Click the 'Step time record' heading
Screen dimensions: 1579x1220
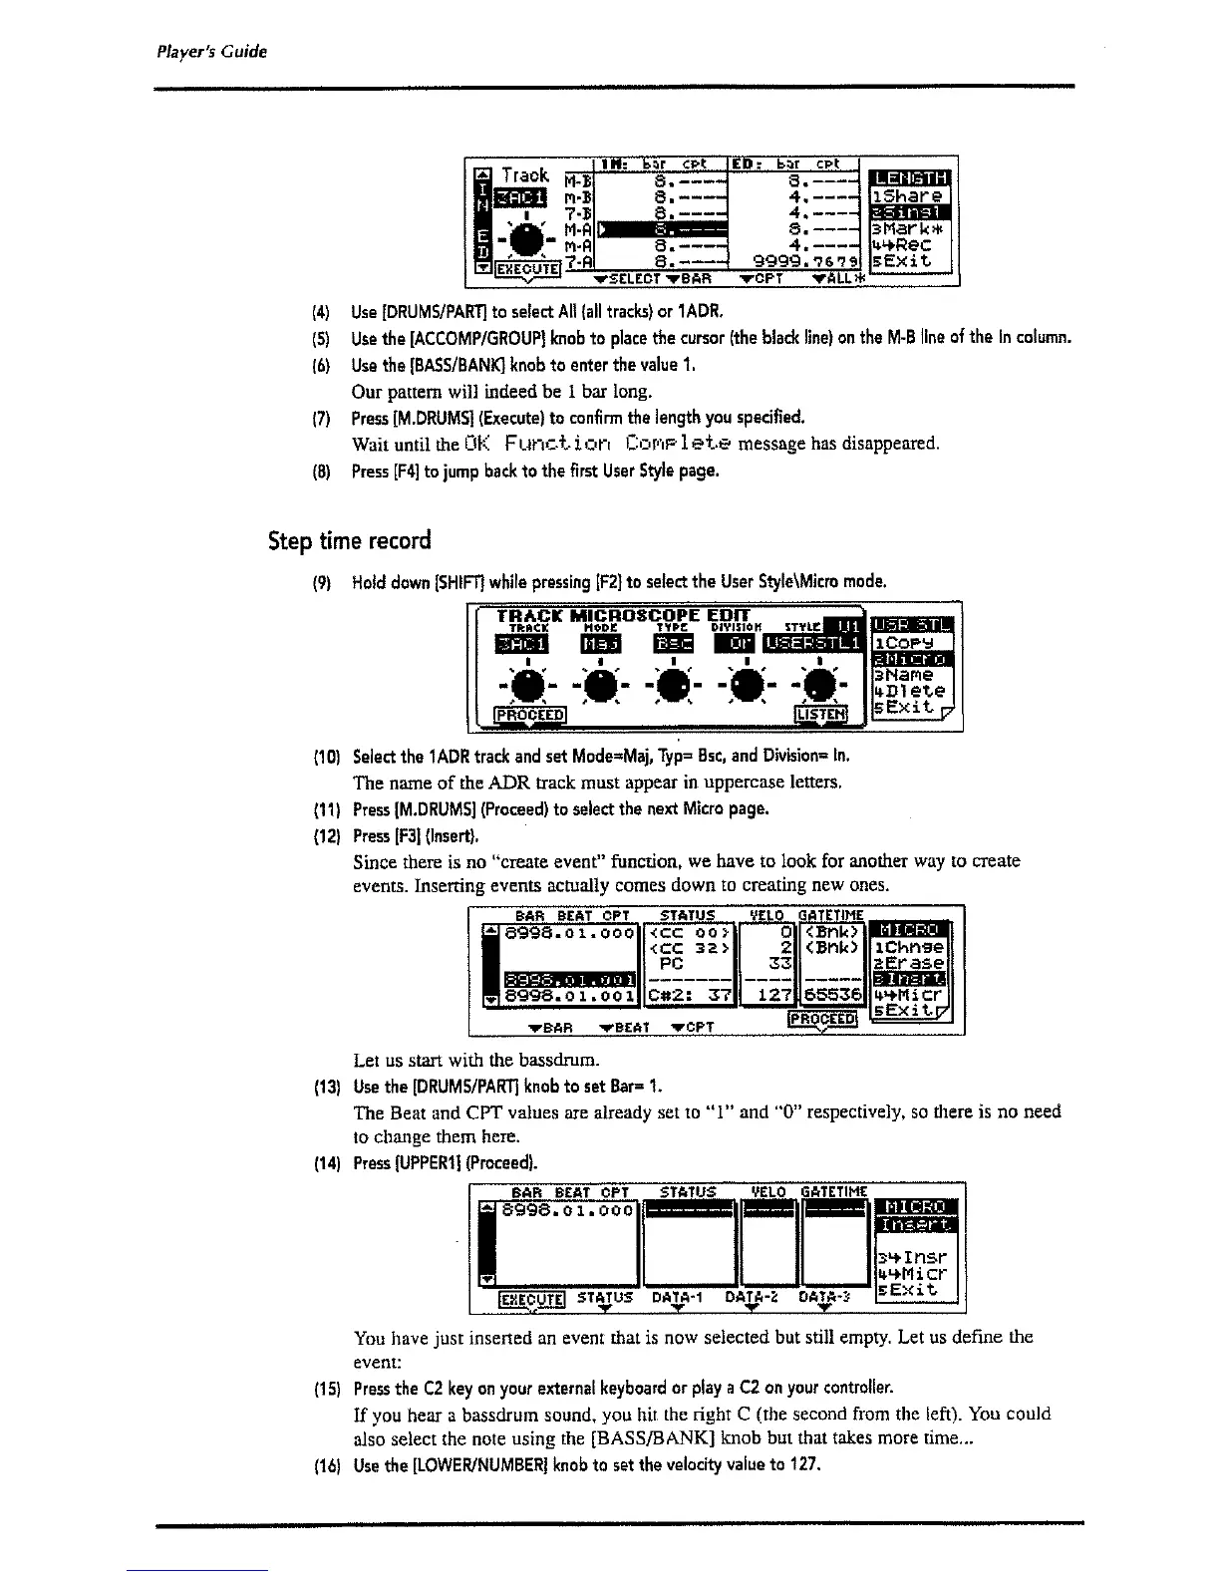pos(350,541)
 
